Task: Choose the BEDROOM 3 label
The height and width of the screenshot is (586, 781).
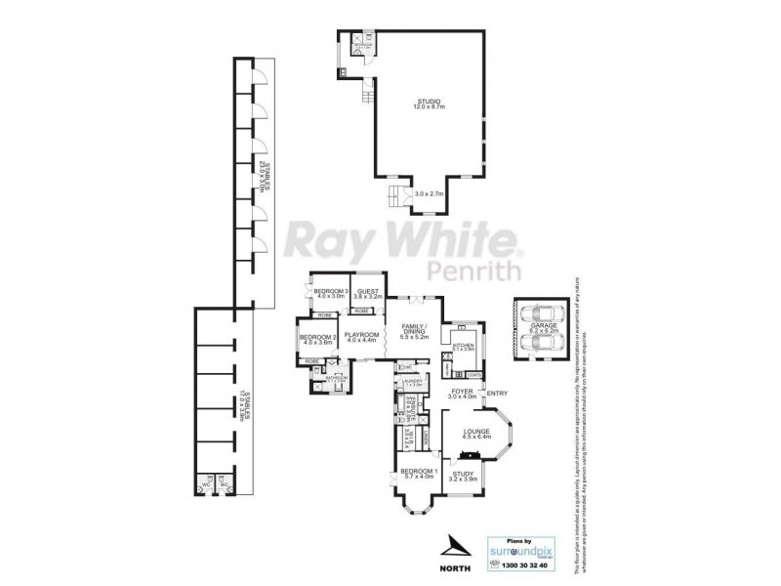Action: pos(332,291)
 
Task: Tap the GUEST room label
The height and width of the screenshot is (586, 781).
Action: pos(368,291)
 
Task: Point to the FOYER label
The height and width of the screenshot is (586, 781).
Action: pos(462,393)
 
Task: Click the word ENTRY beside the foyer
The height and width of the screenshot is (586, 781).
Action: pos(498,394)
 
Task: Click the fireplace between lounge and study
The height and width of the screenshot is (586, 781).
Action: pos(471,455)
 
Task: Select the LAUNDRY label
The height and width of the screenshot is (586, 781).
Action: pos(409,381)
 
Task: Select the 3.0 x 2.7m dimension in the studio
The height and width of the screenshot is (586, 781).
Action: pos(429,194)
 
